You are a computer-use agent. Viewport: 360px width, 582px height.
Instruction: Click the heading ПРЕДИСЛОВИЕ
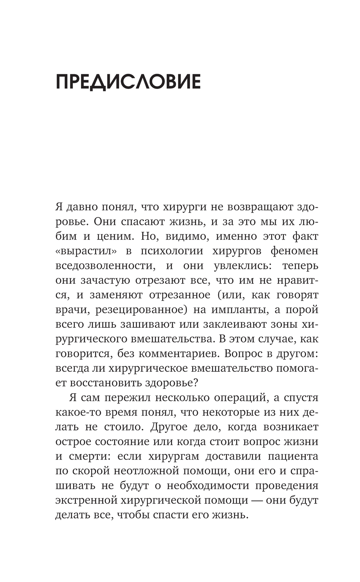click(x=128, y=82)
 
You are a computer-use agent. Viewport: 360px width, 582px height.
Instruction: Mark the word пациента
click(x=293, y=456)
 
